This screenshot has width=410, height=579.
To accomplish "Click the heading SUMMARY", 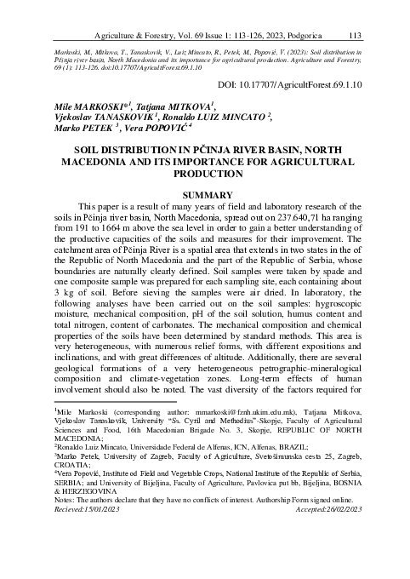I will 205,196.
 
